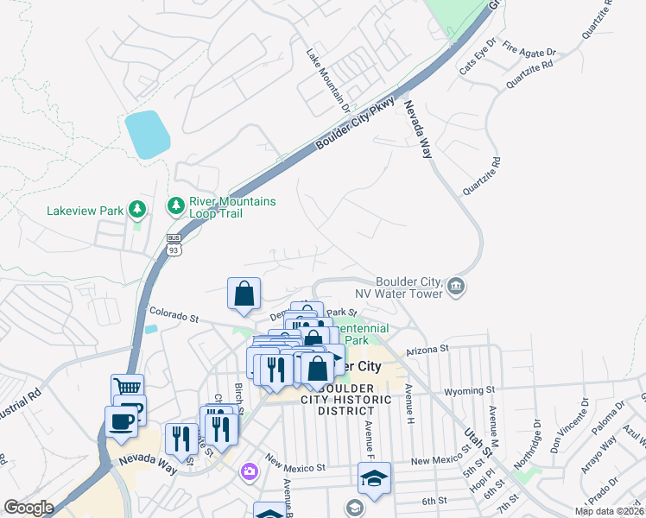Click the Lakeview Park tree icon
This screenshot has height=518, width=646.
tap(136, 208)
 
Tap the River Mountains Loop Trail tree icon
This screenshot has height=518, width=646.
tap(175, 205)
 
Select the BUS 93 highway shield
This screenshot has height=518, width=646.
tap(174, 245)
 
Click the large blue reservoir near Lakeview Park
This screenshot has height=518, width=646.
tap(147, 134)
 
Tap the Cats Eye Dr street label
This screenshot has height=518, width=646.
tap(478, 55)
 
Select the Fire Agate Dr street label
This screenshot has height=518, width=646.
tap(526, 44)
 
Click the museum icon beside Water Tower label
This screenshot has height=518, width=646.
tap(457, 286)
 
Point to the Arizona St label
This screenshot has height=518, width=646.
tap(433, 349)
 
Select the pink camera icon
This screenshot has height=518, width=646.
tap(250, 471)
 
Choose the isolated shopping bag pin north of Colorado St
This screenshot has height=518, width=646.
tap(244, 293)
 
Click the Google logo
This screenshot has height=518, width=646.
tap(28, 508)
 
